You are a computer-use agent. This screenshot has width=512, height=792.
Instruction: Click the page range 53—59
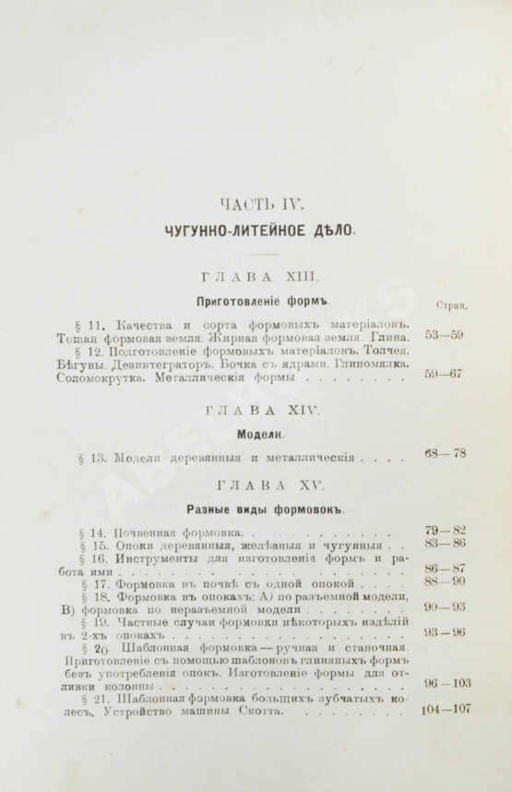tap(444, 334)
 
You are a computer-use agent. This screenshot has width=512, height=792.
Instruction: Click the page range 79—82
tap(445, 530)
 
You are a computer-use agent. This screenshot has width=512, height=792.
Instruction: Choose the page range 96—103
tap(445, 682)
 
